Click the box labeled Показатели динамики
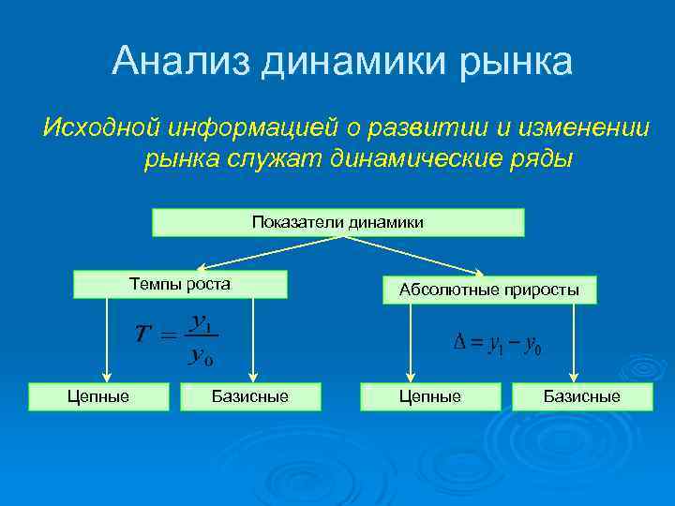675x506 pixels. (337, 222)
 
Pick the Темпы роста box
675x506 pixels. (180, 284)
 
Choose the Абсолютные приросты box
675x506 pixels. (489, 290)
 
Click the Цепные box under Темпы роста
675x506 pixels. (98, 396)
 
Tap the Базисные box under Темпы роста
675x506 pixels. (250, 396)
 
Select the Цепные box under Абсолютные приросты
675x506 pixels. (430, 396)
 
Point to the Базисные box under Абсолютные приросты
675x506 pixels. (582, 396)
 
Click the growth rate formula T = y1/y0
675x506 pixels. (177, 338)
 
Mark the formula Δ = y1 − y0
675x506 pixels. (497, 345)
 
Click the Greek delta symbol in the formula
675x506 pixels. (460, 344)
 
